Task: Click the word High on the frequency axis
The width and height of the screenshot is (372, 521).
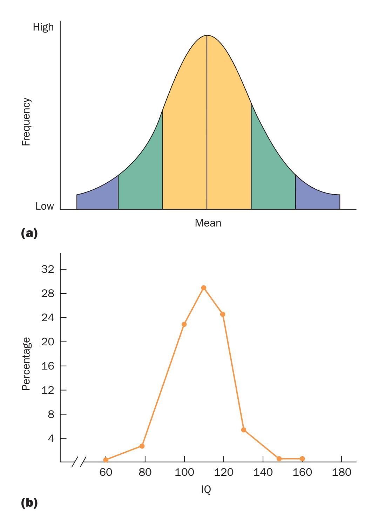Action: pyautogui.click(x=43, y=27)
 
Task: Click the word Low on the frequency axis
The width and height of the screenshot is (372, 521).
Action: pyautogui.click(x=45, y=206)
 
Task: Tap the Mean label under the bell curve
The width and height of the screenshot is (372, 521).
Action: pyautogui.click(x=208, y=223)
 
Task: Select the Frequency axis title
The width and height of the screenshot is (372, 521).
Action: pyautogui.click(x=26, y=121)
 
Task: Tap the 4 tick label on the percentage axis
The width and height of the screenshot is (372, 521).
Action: pyautogui.click(x=51, y=438)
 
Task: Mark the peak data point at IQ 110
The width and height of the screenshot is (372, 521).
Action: pyautogui.click(x=204, y=288)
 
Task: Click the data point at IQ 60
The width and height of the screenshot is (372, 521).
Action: pyautogui.click(x=106, y=460)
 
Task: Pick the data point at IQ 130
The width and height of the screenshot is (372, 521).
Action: pyautogui.click(x=244, y=430)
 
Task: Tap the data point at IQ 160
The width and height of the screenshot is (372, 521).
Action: pyautogui.click(x=302, y=459)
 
